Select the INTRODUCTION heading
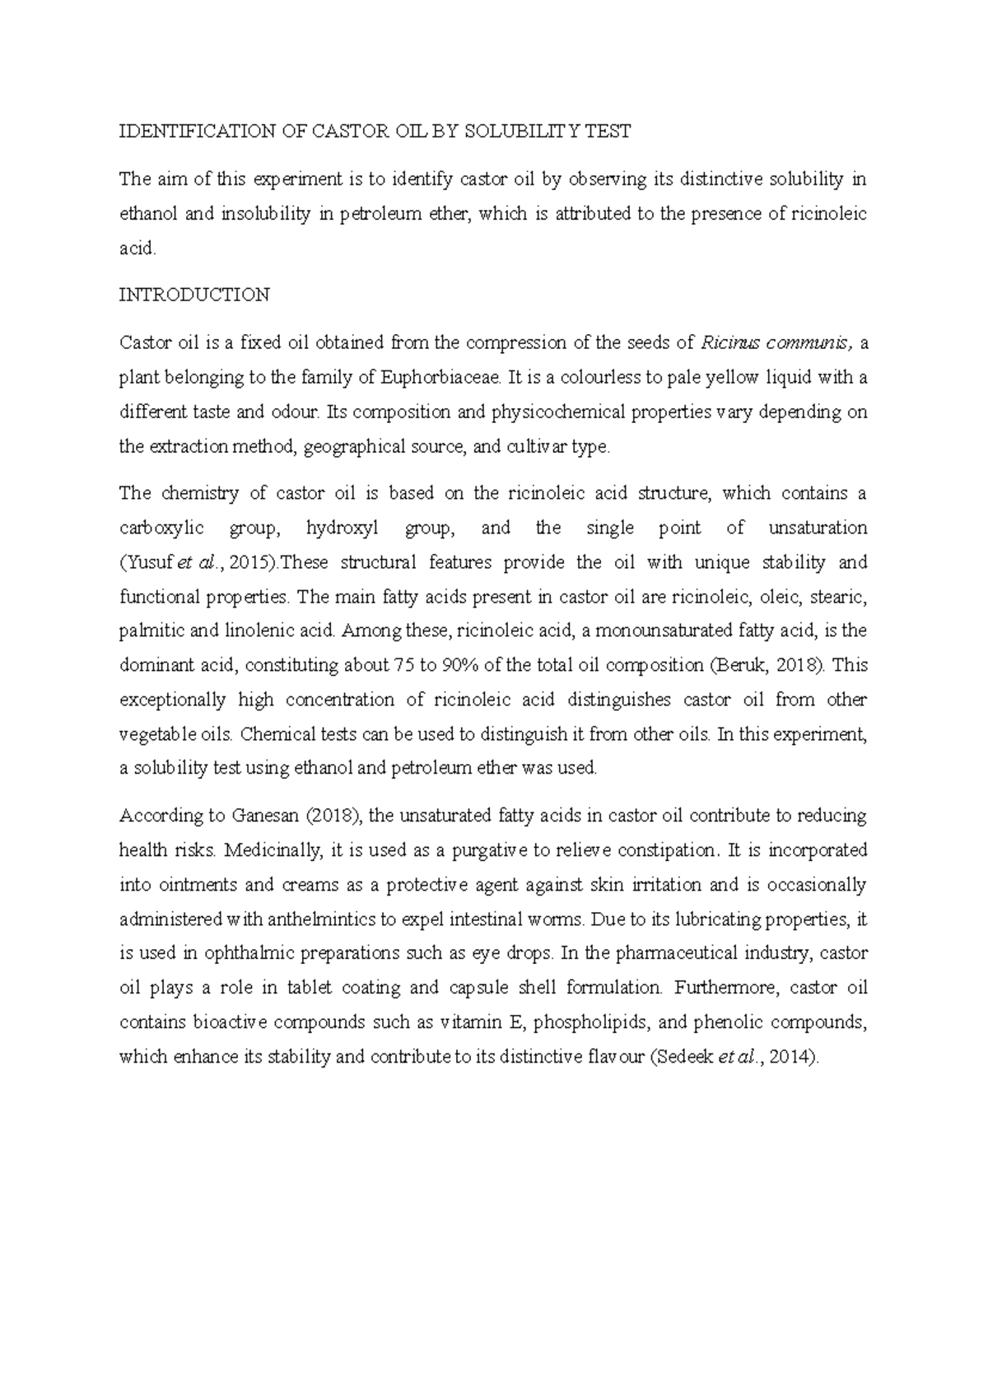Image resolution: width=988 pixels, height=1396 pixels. tap(194, 295)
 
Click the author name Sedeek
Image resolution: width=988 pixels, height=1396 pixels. tap(684, 1057)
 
